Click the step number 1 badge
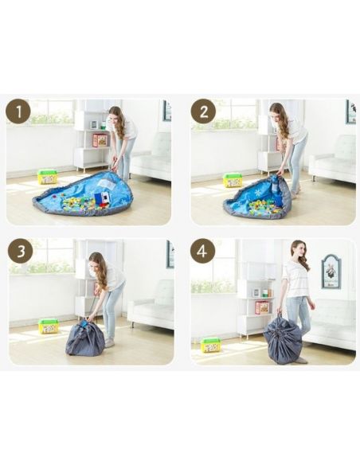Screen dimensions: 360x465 coord(18,112)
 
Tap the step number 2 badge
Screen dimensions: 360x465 coord(203,111)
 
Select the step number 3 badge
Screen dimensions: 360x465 coord(21,251)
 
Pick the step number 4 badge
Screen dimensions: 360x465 coord(202,251)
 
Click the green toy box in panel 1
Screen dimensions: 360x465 coord(47,177)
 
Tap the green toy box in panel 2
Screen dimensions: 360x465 coord(233,180)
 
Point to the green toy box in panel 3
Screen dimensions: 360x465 coord(49,326)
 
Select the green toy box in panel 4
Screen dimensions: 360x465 coord(210,345)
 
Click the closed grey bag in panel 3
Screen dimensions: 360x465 coord(84,339)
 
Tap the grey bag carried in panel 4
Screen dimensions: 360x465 coord(283,343)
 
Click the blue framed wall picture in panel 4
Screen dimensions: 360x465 coord(331,272)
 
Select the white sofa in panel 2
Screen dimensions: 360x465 coord(333,158)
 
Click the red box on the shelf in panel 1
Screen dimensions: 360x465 coord(100,140)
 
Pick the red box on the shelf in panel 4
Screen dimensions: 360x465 coord(262,307)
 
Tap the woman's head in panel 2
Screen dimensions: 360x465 coord(276,111)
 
